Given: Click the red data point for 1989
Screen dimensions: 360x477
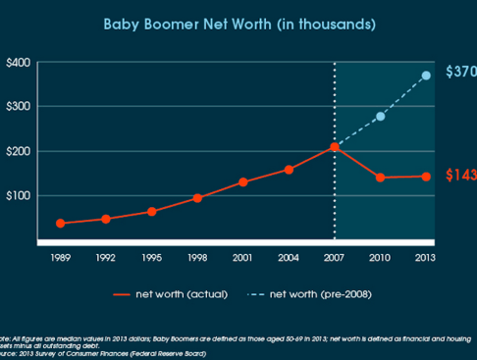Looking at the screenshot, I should click(61, 224).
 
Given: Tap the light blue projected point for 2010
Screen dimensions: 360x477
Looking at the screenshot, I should click(381, 117).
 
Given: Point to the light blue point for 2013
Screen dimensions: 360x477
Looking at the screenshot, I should click(426, 76).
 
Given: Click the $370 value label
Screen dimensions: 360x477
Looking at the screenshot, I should click(460, 73).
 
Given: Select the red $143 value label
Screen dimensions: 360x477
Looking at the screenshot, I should click(460, 176).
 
